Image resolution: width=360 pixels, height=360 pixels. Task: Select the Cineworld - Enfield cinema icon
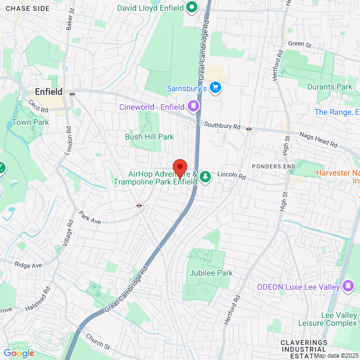tap(193, 106)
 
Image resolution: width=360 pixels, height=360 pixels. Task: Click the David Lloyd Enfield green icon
tap(191, 7)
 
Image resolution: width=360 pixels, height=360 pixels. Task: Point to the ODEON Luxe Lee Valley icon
tap(348, 287)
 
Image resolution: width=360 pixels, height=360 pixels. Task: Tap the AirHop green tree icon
tap(205, 177)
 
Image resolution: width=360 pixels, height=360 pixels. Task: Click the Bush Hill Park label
tap(149, 137)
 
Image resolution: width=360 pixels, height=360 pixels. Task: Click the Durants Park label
tap(330, 87)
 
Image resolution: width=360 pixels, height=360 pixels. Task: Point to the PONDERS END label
tap(273, 166)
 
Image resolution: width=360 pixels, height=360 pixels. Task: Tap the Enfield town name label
tap(48, 92)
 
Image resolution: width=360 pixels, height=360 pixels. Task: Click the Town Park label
tap(30, 122)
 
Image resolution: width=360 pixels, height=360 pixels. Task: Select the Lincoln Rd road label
tap(232, 176)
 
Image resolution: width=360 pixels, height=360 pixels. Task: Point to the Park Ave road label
tap(89, 218)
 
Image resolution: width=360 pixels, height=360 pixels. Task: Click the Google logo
tap(19, 353)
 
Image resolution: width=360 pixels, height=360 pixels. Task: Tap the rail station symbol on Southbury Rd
tap(248, 128)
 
